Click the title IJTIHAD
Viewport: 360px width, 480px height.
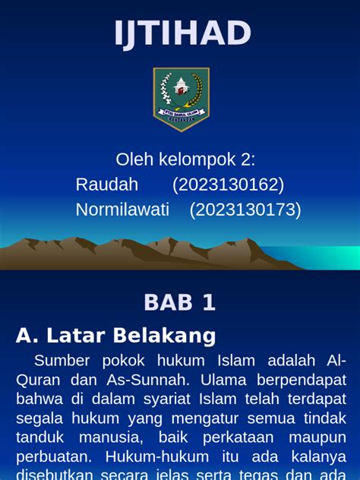[x=182, y=33]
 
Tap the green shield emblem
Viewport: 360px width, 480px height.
[x=181, y=97]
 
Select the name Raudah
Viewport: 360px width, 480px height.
[x=107, y=185]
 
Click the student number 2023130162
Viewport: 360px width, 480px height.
[x=228, y=185]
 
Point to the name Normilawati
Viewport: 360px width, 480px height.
[x=122, y=210]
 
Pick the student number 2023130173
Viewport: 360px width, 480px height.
[x=245, y=210]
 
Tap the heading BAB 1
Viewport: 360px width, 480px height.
[x=180, y=302]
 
